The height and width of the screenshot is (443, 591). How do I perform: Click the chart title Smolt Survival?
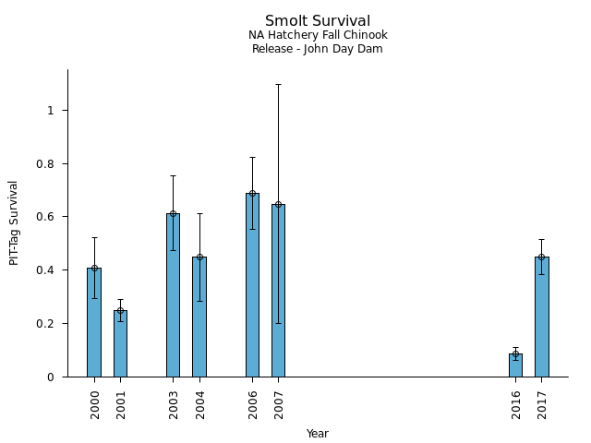(x=318, y=21)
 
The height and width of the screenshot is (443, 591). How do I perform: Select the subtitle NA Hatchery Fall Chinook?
(x=318, y=35)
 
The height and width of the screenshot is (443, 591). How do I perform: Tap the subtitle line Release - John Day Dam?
(x=318, y=49)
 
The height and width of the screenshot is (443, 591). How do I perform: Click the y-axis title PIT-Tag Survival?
(x=14, y=222)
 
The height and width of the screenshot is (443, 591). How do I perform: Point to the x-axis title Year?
(x=318, y=434)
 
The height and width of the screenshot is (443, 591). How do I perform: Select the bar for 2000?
(x=94, y=323)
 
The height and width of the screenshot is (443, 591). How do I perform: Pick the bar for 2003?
(x=173, y=295)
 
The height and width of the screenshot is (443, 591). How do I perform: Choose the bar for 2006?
(x=252, y=285)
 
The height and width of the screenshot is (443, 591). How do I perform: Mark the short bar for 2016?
(x=515, y=365)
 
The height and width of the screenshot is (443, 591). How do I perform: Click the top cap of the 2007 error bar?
(x=278, y=84)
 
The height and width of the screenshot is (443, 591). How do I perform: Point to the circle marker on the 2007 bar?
(x=278, y=204)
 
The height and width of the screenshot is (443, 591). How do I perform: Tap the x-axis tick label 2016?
(x=516, y=403)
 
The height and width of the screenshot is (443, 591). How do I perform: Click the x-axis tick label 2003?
(x=174, y=403)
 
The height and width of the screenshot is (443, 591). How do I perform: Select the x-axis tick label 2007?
(x=279, y=403)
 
